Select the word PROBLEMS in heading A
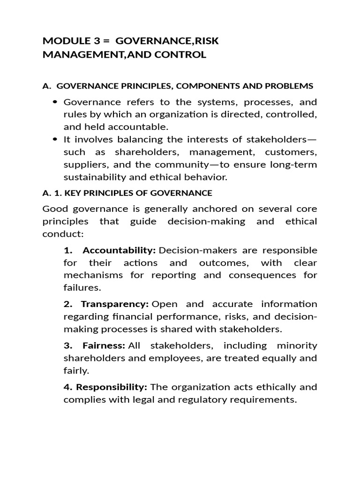290,86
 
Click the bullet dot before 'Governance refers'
56,102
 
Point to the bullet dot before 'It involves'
56,139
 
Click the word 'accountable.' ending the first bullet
143,127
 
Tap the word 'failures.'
82,287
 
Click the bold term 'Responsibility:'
112,387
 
